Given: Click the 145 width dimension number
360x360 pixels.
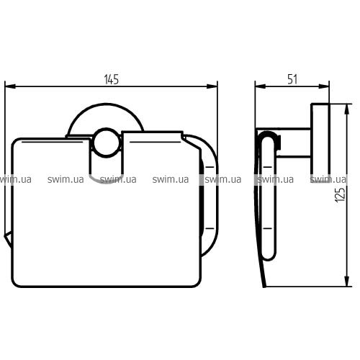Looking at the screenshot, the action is (112, 79).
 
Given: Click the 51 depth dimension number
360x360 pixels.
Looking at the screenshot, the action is (292, 79).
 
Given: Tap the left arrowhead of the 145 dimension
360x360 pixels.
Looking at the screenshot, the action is (10, 86).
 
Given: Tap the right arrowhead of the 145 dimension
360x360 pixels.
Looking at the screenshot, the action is (212, 86).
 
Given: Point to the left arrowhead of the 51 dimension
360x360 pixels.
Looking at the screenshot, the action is (261, 86).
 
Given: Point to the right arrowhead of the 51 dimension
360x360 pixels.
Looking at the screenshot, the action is (324, 86).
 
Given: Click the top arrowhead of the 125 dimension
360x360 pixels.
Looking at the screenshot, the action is (347, 109).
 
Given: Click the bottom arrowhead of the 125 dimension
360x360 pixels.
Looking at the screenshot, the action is (347, 281).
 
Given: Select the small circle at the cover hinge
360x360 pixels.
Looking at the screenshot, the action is (107, 143).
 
